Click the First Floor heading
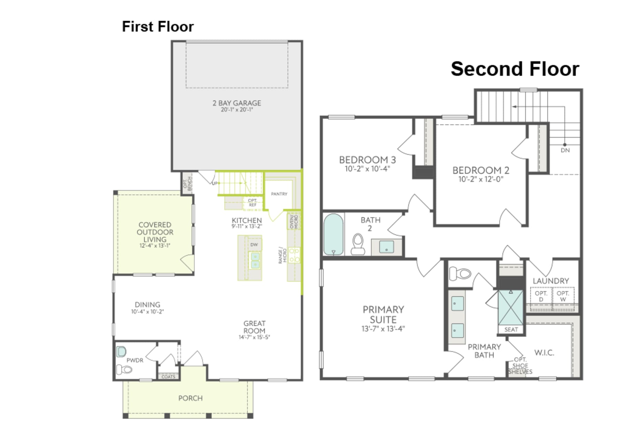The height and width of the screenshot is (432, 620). point(158,27)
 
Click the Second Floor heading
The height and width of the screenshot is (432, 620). point(515,69)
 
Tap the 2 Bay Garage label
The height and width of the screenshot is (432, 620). point(237,103)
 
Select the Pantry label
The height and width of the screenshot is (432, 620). point(279,194)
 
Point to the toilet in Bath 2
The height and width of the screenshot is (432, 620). point(358,243)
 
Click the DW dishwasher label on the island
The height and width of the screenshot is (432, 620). point(254,245)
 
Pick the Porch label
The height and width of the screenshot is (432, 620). point(190,398)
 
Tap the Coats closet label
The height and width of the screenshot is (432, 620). point(168,377)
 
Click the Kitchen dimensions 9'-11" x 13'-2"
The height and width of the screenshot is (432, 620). point(247,226)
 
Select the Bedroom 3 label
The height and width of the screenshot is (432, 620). point(367,160)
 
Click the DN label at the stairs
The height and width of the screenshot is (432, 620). point(565,150)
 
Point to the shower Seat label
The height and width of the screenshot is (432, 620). point(511,329)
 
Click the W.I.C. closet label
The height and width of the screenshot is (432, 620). point(544,352)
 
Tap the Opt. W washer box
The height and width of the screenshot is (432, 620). point(562,296)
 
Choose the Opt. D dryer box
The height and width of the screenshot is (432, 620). point(541,296)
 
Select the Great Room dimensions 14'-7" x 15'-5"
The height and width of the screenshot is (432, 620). point(254,337)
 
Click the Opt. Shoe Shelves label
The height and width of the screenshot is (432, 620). point(520,366)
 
